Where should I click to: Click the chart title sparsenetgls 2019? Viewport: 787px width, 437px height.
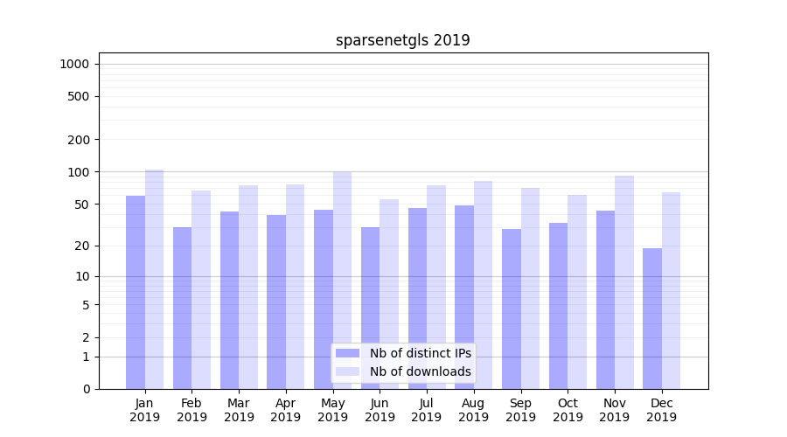402,40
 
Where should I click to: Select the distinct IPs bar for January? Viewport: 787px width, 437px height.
136,292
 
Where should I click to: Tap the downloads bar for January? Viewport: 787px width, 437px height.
154,279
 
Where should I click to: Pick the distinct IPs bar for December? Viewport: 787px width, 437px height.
652,318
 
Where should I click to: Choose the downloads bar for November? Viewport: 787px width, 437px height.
623,282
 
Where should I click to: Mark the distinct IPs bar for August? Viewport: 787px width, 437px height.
464,297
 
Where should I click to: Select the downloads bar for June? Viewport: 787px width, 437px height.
389,294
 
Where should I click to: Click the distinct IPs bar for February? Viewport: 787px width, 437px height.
182,308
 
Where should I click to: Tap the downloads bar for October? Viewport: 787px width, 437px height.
577,292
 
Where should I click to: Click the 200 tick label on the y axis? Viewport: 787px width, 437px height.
79,140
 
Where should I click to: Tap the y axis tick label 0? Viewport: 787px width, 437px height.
86,389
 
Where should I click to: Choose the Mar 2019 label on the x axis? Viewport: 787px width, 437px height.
239,410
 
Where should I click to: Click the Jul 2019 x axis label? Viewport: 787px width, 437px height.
427,410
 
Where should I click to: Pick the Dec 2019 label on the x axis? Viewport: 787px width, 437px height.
661,410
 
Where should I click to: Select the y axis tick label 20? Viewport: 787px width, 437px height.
82,246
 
